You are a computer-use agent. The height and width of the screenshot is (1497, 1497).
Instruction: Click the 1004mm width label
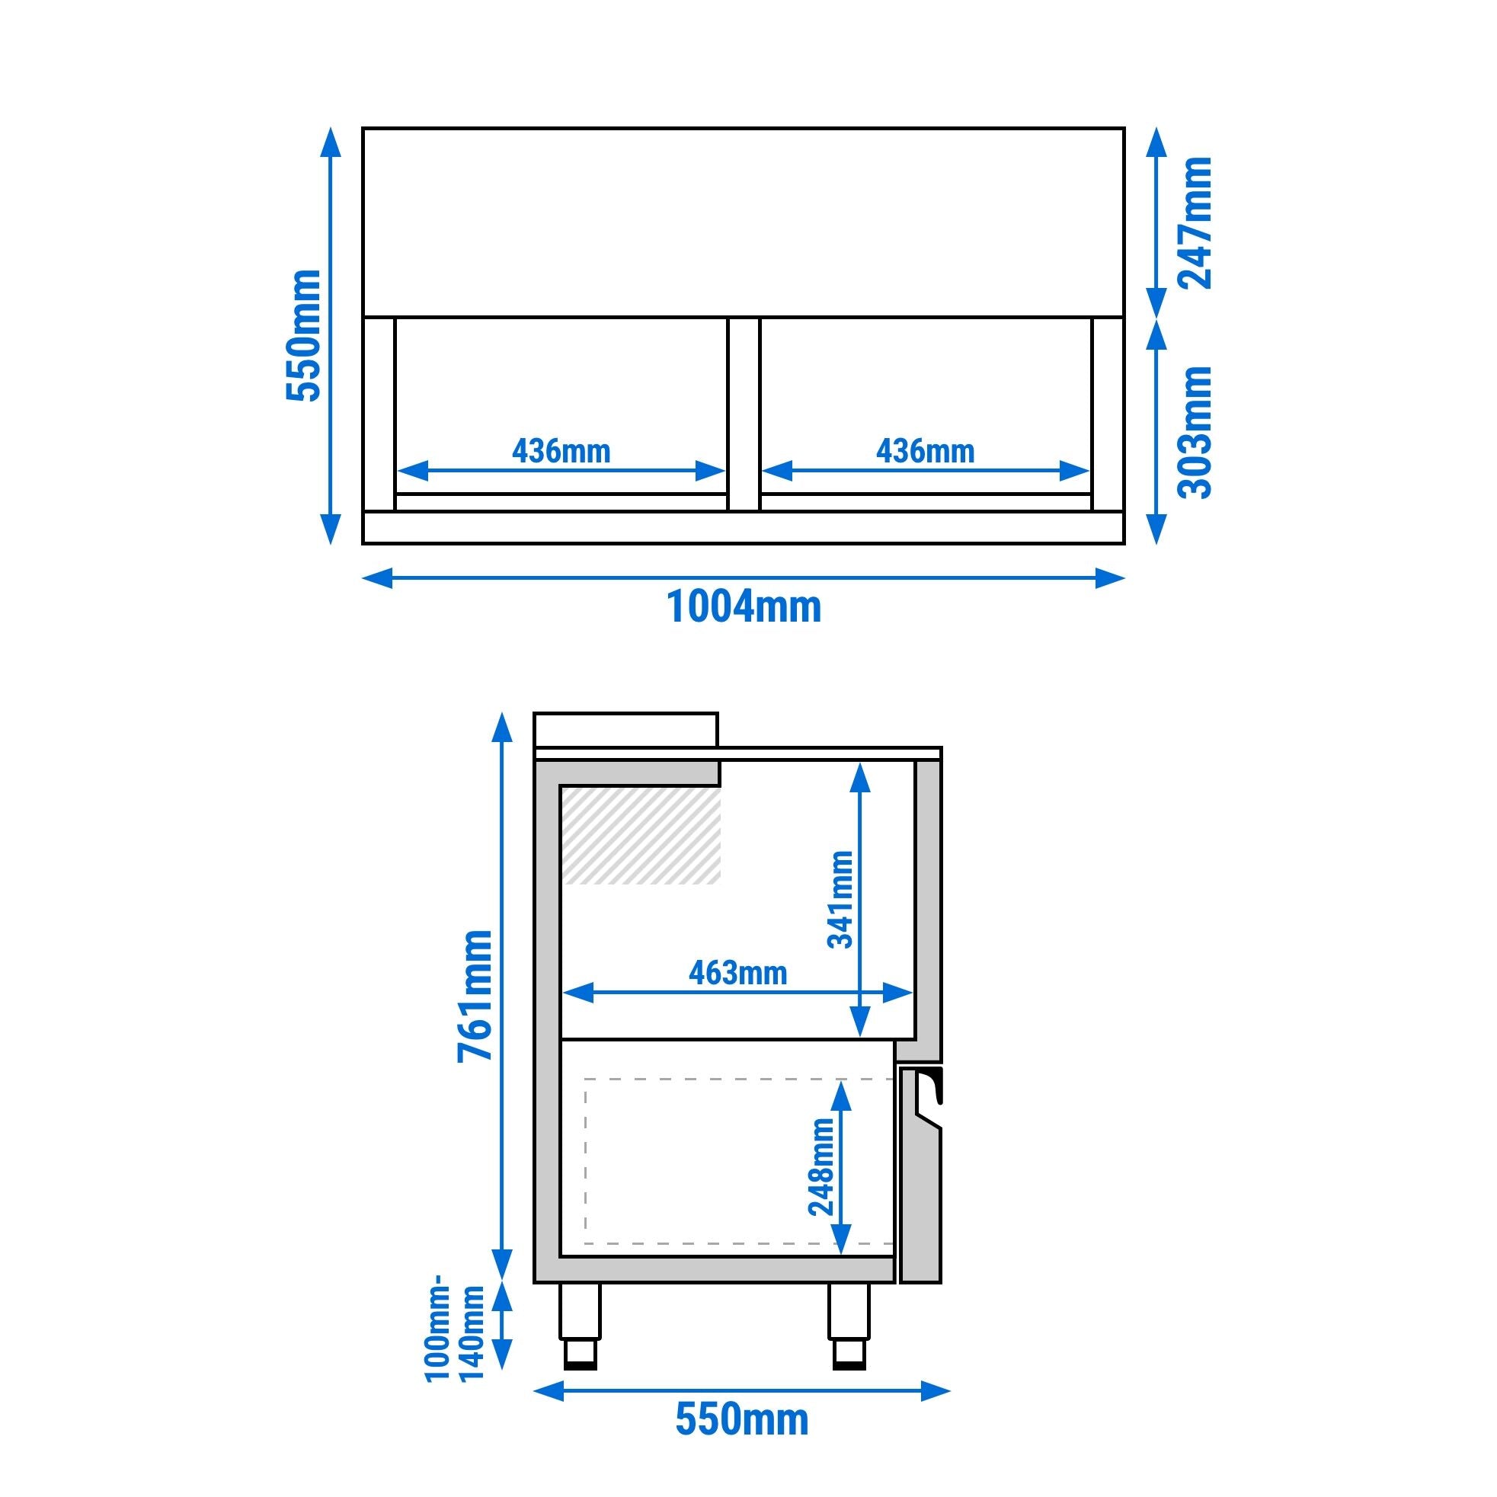743,607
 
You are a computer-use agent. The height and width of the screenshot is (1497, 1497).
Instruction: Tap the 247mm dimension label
1194,223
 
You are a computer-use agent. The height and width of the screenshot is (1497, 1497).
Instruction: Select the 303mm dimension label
1194,433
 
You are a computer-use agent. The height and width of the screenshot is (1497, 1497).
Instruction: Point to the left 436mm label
561,451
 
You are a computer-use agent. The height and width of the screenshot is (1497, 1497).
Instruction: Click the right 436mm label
925,451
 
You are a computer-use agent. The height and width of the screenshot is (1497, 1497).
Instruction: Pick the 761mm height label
474,996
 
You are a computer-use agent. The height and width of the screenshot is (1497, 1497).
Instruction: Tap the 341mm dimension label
840,899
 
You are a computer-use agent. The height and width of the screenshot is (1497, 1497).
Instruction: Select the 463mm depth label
737,973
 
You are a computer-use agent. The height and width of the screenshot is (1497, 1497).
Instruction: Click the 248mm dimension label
820,1167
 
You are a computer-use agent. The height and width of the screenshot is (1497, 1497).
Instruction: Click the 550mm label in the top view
303,335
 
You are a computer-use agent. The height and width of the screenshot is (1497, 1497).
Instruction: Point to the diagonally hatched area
641,835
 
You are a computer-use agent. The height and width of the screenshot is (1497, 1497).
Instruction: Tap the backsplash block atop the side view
625,730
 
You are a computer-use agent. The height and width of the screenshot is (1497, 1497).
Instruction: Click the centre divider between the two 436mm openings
743,414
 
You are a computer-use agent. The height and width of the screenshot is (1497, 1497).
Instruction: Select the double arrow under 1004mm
743,577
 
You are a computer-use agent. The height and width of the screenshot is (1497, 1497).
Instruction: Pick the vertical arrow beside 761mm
503,996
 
